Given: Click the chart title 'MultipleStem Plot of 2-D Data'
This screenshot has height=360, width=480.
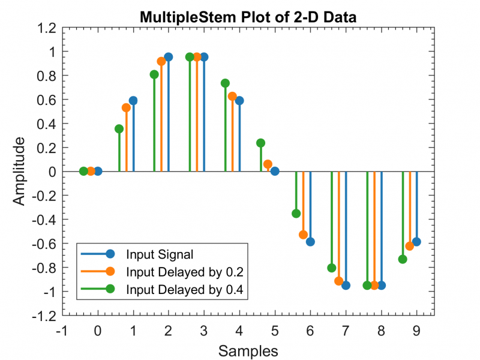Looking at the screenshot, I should point(248,17).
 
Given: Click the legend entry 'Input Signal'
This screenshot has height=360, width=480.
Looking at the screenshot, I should point(159,254).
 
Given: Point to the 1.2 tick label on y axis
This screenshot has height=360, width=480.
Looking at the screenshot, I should point(47,28).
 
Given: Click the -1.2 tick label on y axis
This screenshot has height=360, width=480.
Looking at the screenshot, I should point(44,316).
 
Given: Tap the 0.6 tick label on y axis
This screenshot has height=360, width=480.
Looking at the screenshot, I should point(47,100).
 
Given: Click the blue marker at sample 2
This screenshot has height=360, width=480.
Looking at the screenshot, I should point(169,57).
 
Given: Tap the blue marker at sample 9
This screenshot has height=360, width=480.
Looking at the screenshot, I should point(416,242).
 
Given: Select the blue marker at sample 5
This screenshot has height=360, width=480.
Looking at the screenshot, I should point(275,171).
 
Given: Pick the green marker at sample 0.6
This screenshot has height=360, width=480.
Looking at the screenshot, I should point(119,129).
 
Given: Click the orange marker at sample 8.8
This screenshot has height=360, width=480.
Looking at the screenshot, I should point(409,246).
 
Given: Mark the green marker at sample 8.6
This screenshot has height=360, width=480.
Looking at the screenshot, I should point(402,259).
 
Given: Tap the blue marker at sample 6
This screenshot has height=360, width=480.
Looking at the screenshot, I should point(310,242).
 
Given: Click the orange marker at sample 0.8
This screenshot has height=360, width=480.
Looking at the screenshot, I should point(126,108).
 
